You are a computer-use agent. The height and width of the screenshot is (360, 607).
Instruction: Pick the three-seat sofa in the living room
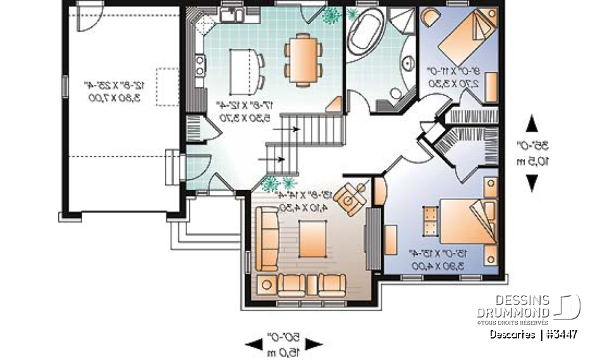coord(267,239)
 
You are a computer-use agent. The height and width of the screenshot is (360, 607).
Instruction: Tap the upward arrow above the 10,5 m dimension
coord(532,123)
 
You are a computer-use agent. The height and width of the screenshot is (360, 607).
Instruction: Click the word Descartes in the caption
coord(512,335)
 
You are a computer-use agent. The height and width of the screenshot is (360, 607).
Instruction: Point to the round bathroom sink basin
coord(396,93)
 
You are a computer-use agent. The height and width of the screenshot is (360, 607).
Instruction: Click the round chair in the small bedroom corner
coord(431,16)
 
